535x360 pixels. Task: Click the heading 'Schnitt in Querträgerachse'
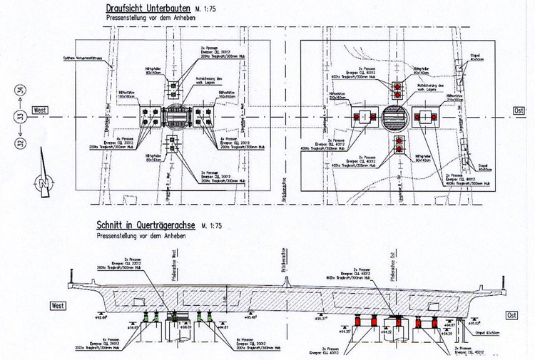click(x=148, y=225)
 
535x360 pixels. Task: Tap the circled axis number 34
click(x=21, y=91)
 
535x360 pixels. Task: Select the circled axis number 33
click(x=21, y=117)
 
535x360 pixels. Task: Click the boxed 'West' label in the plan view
click(x=41, y=111)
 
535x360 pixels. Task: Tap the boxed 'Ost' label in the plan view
click(x=519, y=110)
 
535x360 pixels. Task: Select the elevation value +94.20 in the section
click(x=447, y=334)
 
